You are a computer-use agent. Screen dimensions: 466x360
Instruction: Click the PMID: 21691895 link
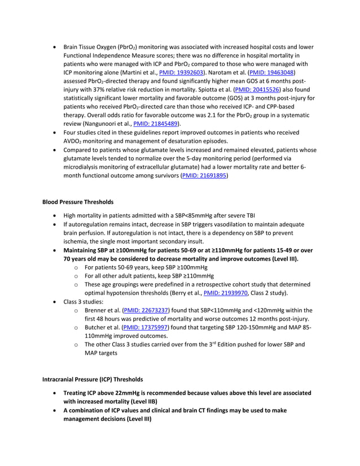[x=204, y=176]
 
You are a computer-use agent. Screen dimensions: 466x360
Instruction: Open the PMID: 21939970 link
[x=225, y=293]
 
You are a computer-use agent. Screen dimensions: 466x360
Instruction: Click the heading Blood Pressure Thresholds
[x=78, y=202]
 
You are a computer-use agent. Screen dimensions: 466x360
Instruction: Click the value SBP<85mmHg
[x=175, y=215]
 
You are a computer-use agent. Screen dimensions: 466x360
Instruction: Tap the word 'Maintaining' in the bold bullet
[x=84, y=250]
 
